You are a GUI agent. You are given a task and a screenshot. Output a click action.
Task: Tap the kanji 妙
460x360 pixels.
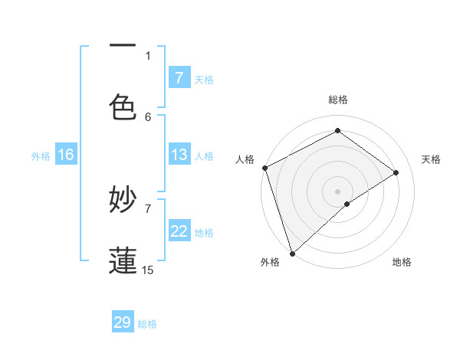(123, 200)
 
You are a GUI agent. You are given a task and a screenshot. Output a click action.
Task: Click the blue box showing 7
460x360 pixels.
(179, 77)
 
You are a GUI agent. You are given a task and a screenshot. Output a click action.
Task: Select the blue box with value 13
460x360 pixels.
(179, 155)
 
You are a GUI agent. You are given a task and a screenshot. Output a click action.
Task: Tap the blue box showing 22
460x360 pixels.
(179, 231)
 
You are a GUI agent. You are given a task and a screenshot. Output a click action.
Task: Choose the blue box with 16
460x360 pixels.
(66, 155)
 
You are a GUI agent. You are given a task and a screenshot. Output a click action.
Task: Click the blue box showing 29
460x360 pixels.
(123, 322)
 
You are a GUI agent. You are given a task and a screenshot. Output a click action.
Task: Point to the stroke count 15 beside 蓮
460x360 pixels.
(148, 270)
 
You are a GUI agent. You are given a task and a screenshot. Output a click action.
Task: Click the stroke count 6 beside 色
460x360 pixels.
(148, 116)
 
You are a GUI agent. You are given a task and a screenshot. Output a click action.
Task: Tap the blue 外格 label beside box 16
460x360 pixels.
(41, 155)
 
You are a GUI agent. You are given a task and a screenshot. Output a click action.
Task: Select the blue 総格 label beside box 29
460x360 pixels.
(147, 324)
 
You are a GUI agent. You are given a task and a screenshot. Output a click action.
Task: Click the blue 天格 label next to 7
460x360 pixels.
(204, 79)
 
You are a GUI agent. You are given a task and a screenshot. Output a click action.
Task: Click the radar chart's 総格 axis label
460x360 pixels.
(338, 100)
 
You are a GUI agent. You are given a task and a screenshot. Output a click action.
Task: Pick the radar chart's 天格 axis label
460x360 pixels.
(431, 159)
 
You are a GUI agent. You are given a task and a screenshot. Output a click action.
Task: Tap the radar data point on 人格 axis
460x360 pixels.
(264, 168)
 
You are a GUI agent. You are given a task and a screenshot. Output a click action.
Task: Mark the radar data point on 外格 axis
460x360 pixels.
(292, 253)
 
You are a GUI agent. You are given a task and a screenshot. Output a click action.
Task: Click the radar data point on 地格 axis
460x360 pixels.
(347, 204)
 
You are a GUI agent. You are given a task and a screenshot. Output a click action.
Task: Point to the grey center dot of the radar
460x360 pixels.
(337, 191)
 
